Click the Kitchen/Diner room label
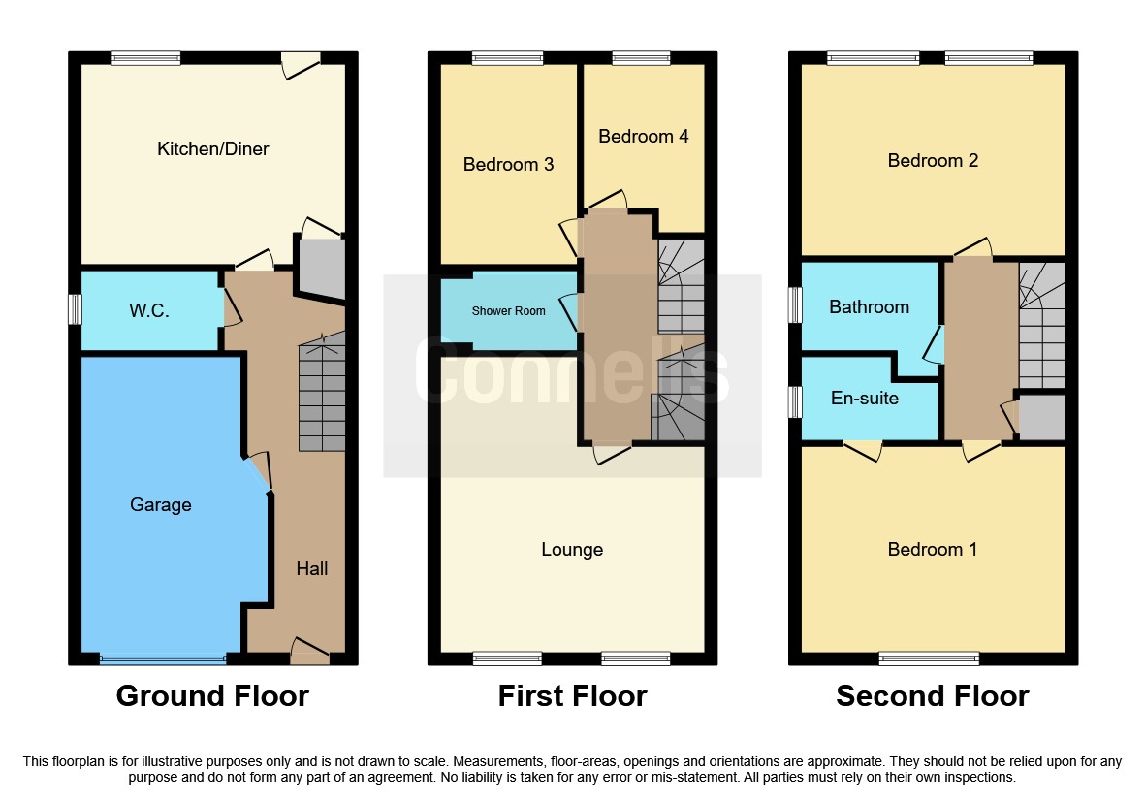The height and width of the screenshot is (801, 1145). (212, 149)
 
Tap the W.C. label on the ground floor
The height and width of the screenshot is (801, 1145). (150, 312)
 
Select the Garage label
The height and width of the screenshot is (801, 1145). (160, 505)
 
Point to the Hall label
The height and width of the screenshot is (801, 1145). (312, 569)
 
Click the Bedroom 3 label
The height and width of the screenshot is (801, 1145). (508, 165)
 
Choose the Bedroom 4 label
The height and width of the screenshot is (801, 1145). (643, 137)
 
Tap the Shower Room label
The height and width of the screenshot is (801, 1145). (508, 312)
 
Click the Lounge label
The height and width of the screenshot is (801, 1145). (572, 550)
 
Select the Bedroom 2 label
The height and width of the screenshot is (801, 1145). (933, 161)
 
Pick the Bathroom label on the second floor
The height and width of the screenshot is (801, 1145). (869, 307)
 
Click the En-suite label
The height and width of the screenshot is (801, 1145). (865, 399)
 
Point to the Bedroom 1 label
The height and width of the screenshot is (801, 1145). (933, 550)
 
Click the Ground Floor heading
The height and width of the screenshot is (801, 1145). (212, 696)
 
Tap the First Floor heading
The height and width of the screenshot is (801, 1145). (572, 696)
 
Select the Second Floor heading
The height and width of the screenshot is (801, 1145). (933, 696)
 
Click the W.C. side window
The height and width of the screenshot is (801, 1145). (74, 309)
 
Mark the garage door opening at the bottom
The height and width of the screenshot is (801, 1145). (162, 659)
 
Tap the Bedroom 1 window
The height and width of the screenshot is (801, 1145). (929, 659)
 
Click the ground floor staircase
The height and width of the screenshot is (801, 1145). (321, 398)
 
